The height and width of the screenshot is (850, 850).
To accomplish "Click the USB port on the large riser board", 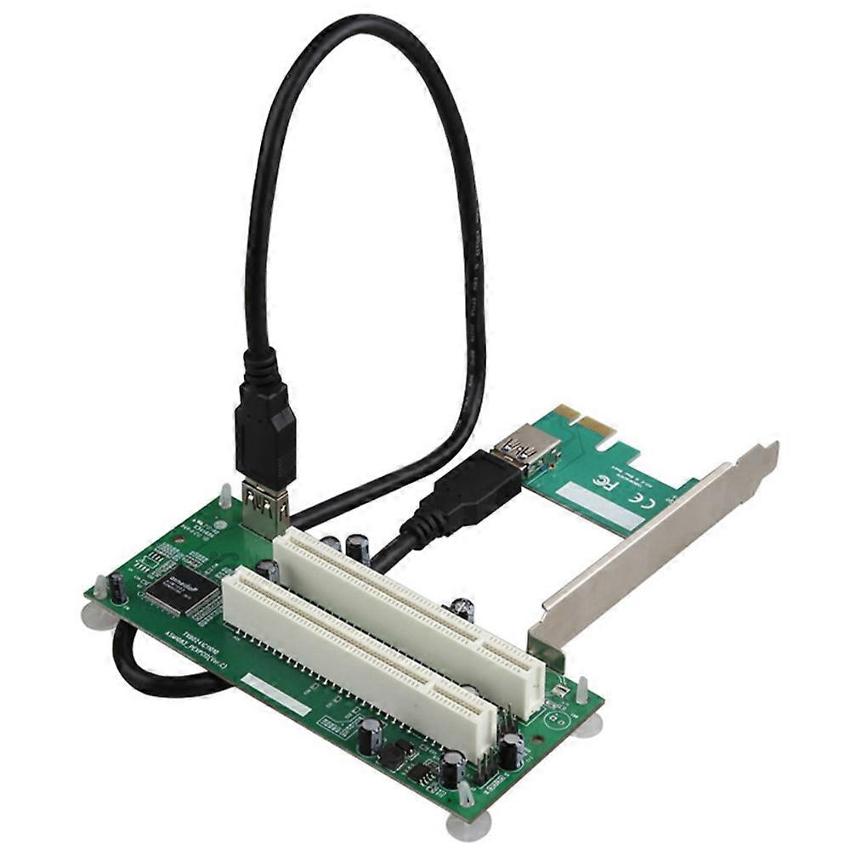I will tap(265, 509).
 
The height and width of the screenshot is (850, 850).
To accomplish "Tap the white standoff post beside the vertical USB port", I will tap(225, 495).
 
